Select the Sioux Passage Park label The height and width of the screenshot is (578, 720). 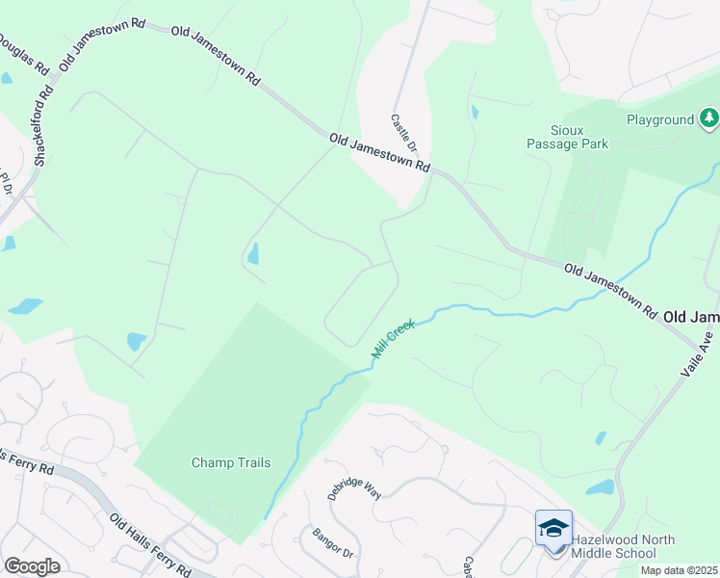[x=568, y=136]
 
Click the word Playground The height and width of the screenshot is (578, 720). [x=660, y=119]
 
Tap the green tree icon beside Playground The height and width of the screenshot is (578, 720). [x=709, y=118]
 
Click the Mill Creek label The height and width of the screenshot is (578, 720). [x=392, y=342]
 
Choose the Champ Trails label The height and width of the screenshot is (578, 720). [x=230, y=462]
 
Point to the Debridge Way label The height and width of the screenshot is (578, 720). [x=354, y=488]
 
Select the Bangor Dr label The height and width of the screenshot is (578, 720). [x=334, y=544]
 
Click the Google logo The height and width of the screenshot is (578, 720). [x=32, y=566]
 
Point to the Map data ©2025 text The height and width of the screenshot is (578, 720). [x=678, y=570]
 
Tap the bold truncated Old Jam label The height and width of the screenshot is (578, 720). [x=691, y=317]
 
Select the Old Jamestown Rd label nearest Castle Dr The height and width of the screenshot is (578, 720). [x=379, y=152]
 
